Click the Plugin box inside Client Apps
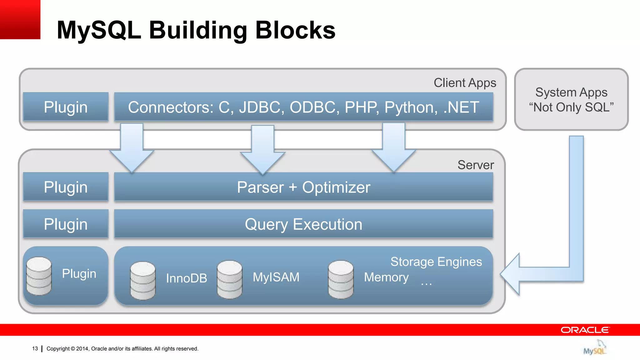point(66,107)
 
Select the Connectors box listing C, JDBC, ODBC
point(303,107)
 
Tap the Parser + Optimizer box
point(303,187)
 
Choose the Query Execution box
point(303,224)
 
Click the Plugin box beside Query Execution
point(66,224)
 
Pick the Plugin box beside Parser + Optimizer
point(66,187)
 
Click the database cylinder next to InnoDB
point(143,280)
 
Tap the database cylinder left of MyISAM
point(230,279)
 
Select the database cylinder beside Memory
point(341,279)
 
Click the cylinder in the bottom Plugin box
point(39,276)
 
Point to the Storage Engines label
point(436,262)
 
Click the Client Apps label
point(465,83)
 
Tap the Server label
point(476,165)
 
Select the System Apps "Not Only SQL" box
point(571,99)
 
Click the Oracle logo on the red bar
point(585,330)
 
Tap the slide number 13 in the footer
point(35,348)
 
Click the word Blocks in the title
point(295,30)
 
